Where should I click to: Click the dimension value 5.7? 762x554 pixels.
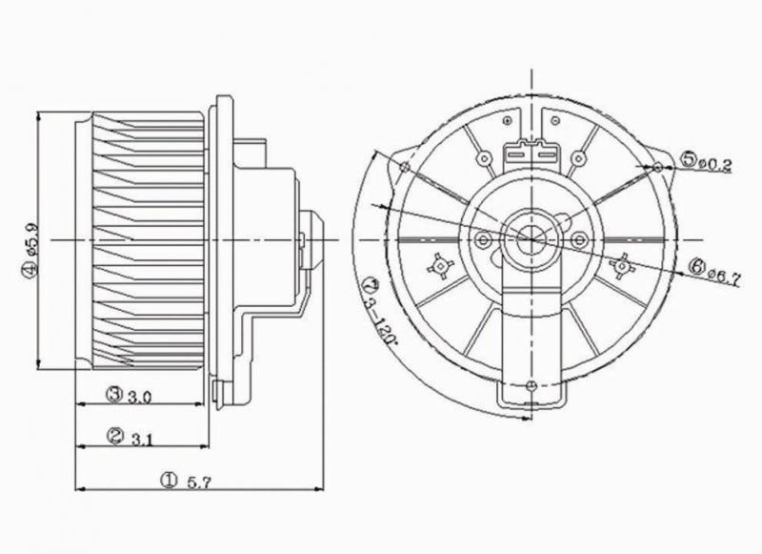(199, 482)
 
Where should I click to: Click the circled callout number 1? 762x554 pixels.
(169, 481)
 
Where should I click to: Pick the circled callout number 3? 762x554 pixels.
(114, 393)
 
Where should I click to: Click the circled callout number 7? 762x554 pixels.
(370, 282)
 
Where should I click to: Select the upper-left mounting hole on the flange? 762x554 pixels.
(406, 168)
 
